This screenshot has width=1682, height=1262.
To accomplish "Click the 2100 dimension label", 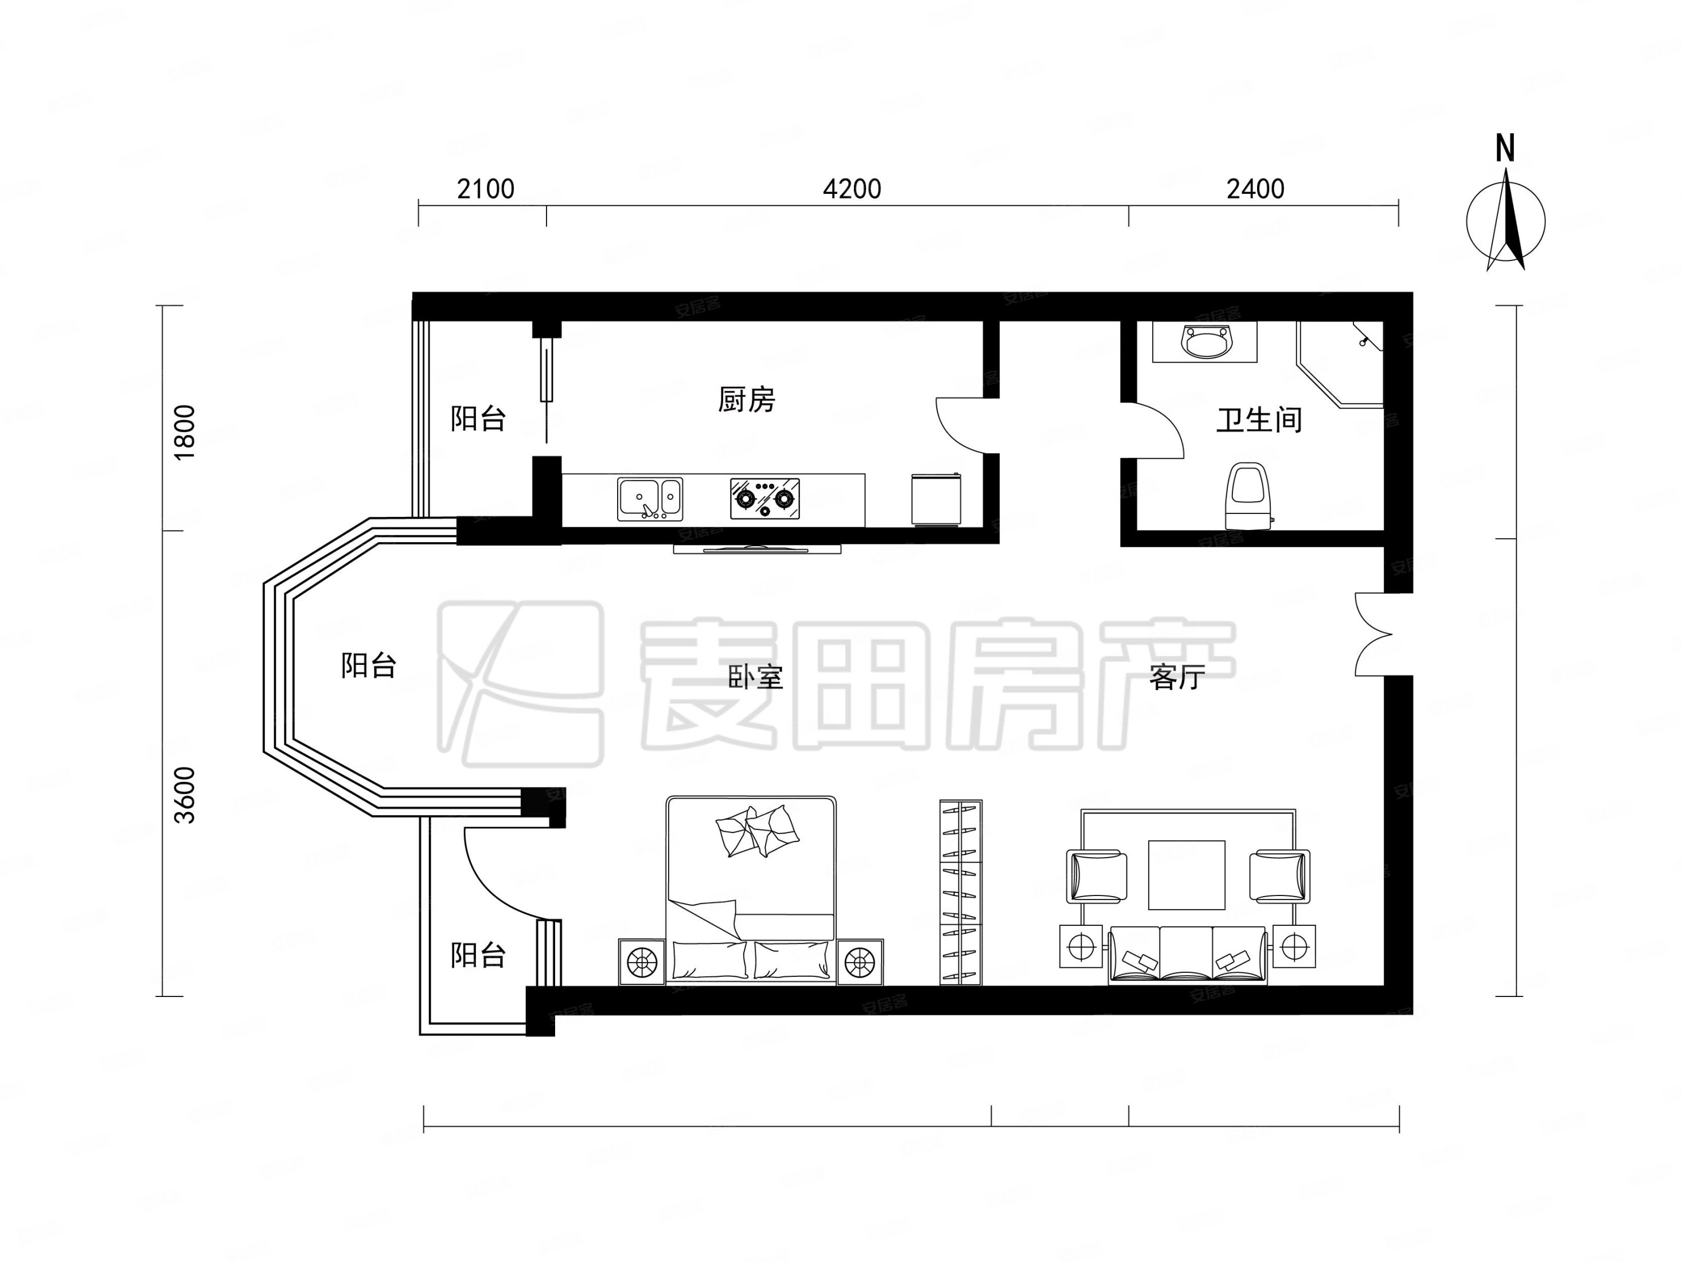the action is coord(485,189).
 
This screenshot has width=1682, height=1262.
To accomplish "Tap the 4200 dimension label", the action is coord(852,189).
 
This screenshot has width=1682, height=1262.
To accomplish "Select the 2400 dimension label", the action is coord(1255,189).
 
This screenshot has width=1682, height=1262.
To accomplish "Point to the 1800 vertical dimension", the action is coord(185,431).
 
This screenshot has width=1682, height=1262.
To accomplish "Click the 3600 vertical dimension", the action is coord(185,796).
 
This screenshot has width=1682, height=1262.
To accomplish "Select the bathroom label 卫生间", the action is coord(1259,419).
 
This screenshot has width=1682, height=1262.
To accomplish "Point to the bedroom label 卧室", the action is coord(755,676).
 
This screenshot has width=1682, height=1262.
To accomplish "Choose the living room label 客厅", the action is coord(1177,676).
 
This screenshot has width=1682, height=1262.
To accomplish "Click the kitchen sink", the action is coord(649,499).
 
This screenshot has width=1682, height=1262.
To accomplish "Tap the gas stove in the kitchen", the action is coord(764,499).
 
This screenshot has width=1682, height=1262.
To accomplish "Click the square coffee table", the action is coord(1186,875).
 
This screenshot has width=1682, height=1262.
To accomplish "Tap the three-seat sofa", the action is coord(1187,955).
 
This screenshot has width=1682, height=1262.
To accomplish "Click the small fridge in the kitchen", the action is coord(938,499).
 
